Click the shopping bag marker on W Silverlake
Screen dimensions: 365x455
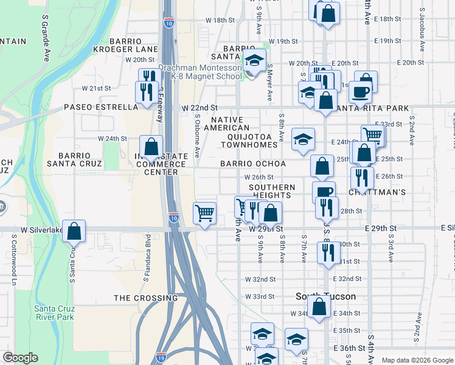pyautogui.click(x=74, y=231)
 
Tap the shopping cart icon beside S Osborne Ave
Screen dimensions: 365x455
pyautogui.click(x=205, y=213)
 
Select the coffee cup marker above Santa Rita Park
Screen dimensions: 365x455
pyautogui.click(x=359, y=92)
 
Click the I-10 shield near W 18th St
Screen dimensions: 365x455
pyautogui.click(x=168, y=23)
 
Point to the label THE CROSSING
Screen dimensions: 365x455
pyautogui.click(x=146, y=298)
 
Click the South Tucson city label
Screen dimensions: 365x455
pyautogui.click(x=325, y=296)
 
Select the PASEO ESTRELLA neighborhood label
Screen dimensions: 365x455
pyautogui.click(x=102, y=108)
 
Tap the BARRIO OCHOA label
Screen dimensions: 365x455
pyautogui.click(x=253, y=164)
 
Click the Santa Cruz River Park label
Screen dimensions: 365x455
pyautogui.click(x=54, y=312)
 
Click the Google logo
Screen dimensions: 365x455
pyautogui.click(x=20, y=358)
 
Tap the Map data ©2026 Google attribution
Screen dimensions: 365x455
pyautogui.click(x=417, y=360)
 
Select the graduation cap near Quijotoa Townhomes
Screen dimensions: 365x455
pyautogui.click(x=303, y=140)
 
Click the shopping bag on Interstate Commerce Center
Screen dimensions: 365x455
pyautogui.click(x=151, y=147)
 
